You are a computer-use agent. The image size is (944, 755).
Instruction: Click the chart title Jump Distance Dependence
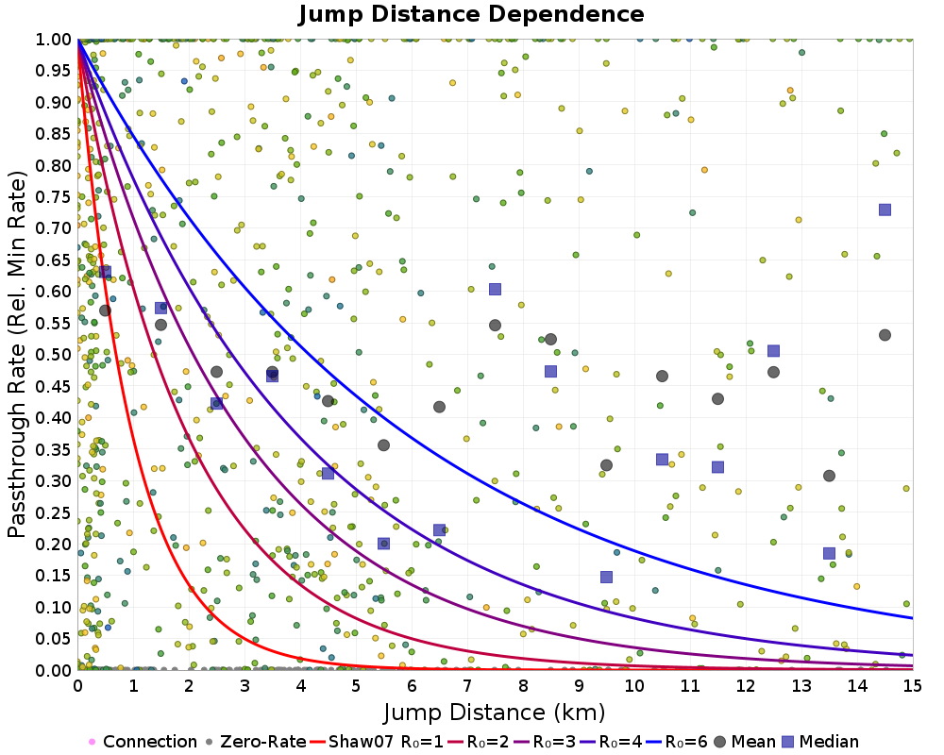tap(471, 14)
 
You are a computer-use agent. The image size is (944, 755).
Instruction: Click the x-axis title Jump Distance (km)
tap(495, 710)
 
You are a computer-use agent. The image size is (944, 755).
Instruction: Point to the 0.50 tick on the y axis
tap(55, 354)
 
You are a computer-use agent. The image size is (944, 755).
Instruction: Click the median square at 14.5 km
tap(885, 210)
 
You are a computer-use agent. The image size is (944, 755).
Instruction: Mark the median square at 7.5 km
tap(495, 289)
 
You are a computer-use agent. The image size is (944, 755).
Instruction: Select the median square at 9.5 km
tap(606, 577)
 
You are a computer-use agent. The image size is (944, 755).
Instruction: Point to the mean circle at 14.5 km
tap(885, 335)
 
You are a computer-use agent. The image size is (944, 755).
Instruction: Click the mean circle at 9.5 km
tap(606, 465)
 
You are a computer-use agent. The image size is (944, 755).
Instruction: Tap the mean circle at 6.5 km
tap(439, 407)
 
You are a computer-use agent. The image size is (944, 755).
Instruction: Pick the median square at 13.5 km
tap(829, 553)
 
